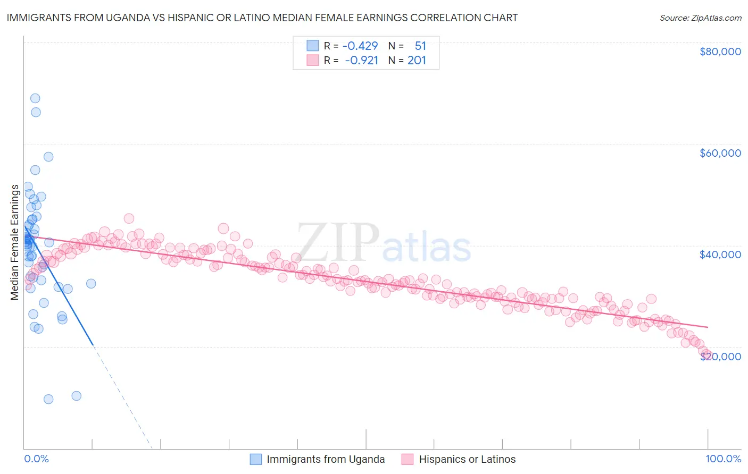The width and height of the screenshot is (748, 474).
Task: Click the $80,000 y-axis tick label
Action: point(720,52)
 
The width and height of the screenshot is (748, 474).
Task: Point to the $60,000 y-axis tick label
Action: point(720,153)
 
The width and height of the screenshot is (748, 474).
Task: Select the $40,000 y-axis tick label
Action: point(720,255)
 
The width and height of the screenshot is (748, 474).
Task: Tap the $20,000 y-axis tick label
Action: point(720,356)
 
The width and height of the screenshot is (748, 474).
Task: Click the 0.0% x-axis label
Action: point(36,459)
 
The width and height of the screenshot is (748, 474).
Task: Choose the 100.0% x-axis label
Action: point(723,459)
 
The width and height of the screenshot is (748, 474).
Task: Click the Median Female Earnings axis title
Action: point(14,242)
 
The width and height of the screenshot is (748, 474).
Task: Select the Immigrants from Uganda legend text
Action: point(326,459)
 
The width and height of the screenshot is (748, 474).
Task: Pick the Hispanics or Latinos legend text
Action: point(467,459)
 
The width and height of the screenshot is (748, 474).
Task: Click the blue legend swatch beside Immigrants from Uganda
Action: point(256,459)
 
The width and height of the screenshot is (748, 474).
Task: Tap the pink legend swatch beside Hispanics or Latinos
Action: point(408,459)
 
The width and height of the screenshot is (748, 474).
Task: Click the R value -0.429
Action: point(360,46)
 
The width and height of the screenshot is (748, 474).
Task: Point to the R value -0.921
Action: point(361,60)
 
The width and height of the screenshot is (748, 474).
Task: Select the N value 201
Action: point(417,60)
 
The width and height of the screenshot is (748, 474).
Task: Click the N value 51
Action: point(420,46)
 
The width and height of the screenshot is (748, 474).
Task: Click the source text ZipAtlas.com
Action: point(715,18)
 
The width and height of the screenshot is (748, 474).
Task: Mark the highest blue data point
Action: point(35,98)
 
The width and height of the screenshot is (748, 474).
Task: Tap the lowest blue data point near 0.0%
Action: point(48,399)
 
